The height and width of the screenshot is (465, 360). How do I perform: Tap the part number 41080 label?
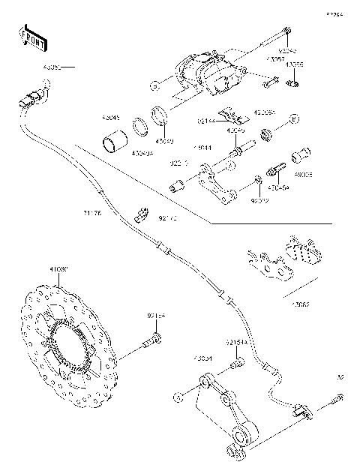click(x=58, y=268)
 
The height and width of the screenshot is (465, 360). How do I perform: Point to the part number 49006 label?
click(x=303, y=174)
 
